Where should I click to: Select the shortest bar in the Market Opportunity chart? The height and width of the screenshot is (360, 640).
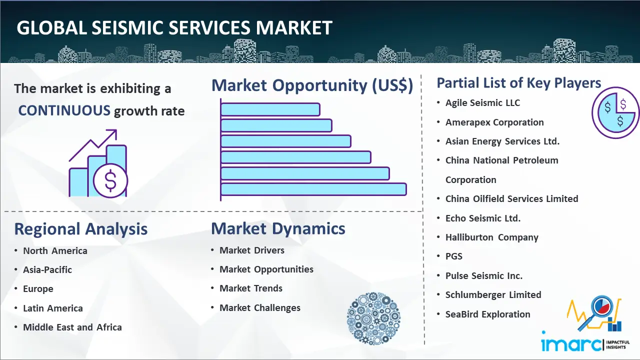[x=270, y=109]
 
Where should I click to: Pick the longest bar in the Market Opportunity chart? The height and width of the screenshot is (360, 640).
[x=313, y=189]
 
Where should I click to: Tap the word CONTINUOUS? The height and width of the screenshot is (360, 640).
[x=64, y=110]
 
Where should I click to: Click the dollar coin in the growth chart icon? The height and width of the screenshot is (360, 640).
[x=110, y=181]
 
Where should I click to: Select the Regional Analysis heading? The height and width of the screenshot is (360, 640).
[x=81, y=229]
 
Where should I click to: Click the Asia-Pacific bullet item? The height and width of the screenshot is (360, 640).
[x=47, y=269]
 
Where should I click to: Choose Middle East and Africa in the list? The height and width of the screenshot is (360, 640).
[x=72, y=327]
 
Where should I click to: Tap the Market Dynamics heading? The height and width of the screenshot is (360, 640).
[x=278, y=228]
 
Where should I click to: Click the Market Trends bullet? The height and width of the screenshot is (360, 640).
[x=251, y=288]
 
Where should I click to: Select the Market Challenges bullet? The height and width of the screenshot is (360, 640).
[x=260, y=307]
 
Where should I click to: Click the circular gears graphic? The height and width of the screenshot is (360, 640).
[x=373, y=318]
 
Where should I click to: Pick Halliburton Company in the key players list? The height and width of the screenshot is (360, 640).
[x=491, y=237]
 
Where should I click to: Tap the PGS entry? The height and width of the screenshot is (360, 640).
[x=453, y=256]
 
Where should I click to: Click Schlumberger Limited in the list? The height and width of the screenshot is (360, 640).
[x=493, y=294]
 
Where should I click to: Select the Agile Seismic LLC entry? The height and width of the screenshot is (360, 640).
[x=482, y=103]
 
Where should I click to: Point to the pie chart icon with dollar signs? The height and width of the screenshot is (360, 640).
[x=615, y=113]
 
